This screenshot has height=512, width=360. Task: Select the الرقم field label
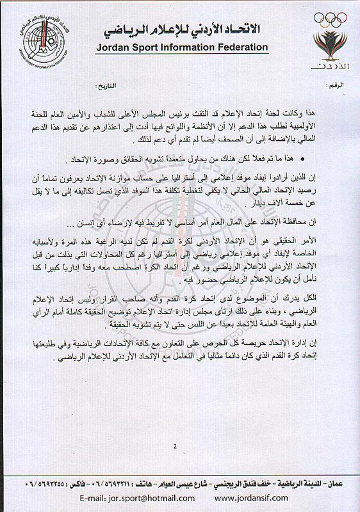pos(344,84)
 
